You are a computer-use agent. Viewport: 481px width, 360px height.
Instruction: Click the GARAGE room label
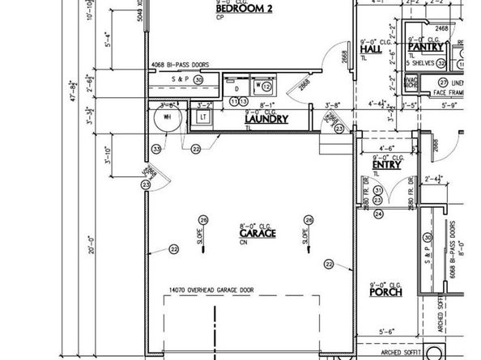pos(258,233)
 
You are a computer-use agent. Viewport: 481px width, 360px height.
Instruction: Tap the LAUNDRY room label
pos(266,120)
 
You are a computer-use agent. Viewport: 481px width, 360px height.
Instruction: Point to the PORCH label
pos(385,292)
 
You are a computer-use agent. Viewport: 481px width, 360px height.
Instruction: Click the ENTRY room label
pos(386,165)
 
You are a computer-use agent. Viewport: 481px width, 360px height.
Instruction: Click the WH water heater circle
pos(166,116)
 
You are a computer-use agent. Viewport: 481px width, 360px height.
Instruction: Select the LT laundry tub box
pos(203,117)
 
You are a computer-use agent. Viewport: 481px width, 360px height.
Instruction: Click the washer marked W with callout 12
pos(264,85)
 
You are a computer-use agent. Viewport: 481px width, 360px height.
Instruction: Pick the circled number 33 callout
pos(156,148)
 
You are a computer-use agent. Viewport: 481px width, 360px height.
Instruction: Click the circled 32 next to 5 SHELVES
pos(441,62)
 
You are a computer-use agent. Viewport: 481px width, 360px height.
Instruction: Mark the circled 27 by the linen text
pos(443,83)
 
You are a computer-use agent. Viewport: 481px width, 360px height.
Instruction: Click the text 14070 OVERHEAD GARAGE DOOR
pos(211,290)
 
